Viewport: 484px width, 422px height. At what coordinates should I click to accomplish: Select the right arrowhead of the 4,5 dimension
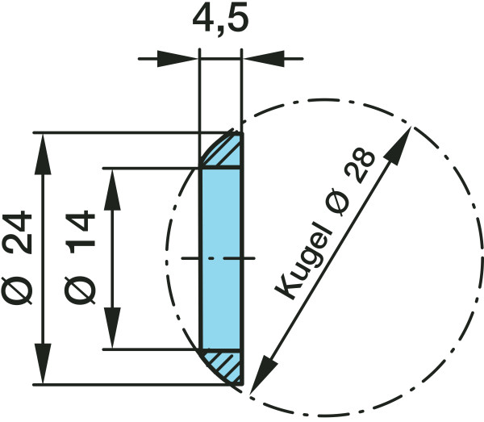pyautogui.click(x=263, y=58)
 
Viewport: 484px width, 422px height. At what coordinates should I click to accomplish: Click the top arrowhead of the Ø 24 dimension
pyautogui.click(x=43, y=154)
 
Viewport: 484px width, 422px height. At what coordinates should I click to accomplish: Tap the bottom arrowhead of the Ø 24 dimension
pyautogui.click(x=43, y=364)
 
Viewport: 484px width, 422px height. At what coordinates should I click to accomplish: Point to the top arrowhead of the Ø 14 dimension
pyautogui.click(x=112, y=190)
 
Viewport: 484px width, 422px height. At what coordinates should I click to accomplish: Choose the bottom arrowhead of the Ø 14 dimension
pyautogui.click(x=112, y=328)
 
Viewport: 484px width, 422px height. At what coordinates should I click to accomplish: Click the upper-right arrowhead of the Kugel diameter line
pyautogui.click(x=398, y=144)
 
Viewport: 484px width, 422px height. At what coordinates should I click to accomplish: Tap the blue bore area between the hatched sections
pyautogui.click(x=221, y=259)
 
